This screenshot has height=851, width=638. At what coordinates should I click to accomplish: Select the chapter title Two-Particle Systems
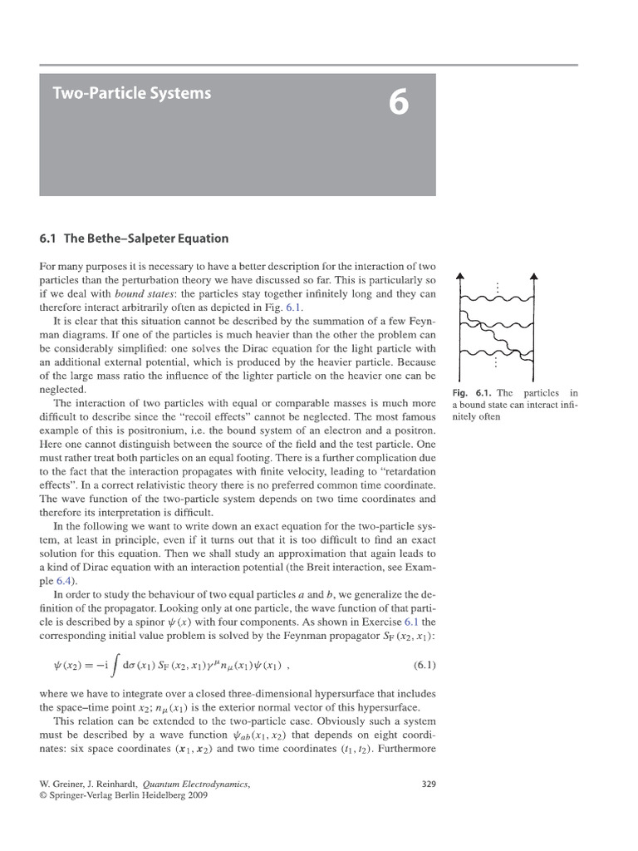(132, 93)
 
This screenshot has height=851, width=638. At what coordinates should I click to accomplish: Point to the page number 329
(429, 783)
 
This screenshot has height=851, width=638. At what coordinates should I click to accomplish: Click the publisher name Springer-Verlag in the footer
(86, 794)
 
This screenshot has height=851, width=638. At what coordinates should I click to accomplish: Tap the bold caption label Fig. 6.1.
(472, 392)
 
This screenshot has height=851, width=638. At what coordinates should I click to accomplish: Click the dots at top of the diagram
(497, 288)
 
